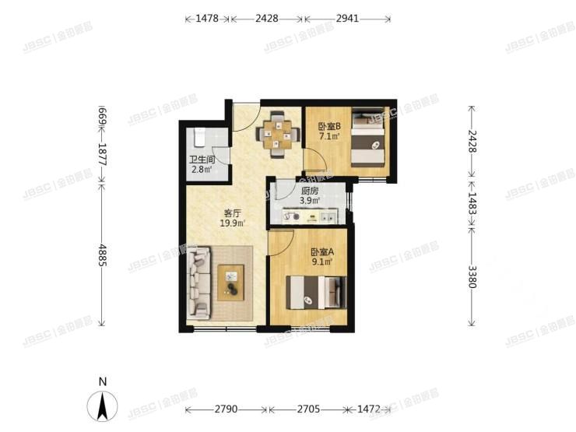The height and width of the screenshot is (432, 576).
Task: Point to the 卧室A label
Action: (x=321, y=251)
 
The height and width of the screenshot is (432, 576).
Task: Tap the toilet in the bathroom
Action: (x=198, y=137)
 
